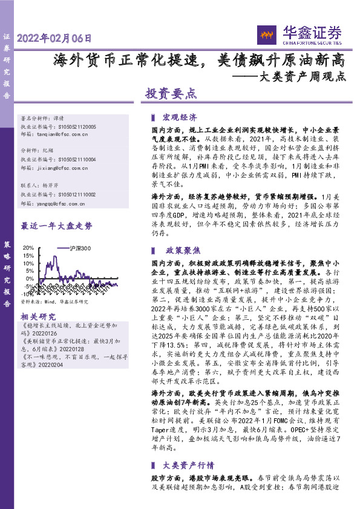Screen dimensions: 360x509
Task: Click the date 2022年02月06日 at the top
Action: pyautogui.click(x=54, y=37)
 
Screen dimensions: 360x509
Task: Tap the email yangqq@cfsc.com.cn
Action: pyautogui.click(x=62, y=204)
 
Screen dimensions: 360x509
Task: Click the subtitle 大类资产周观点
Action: pyautogui.click(x=302, y=77)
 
